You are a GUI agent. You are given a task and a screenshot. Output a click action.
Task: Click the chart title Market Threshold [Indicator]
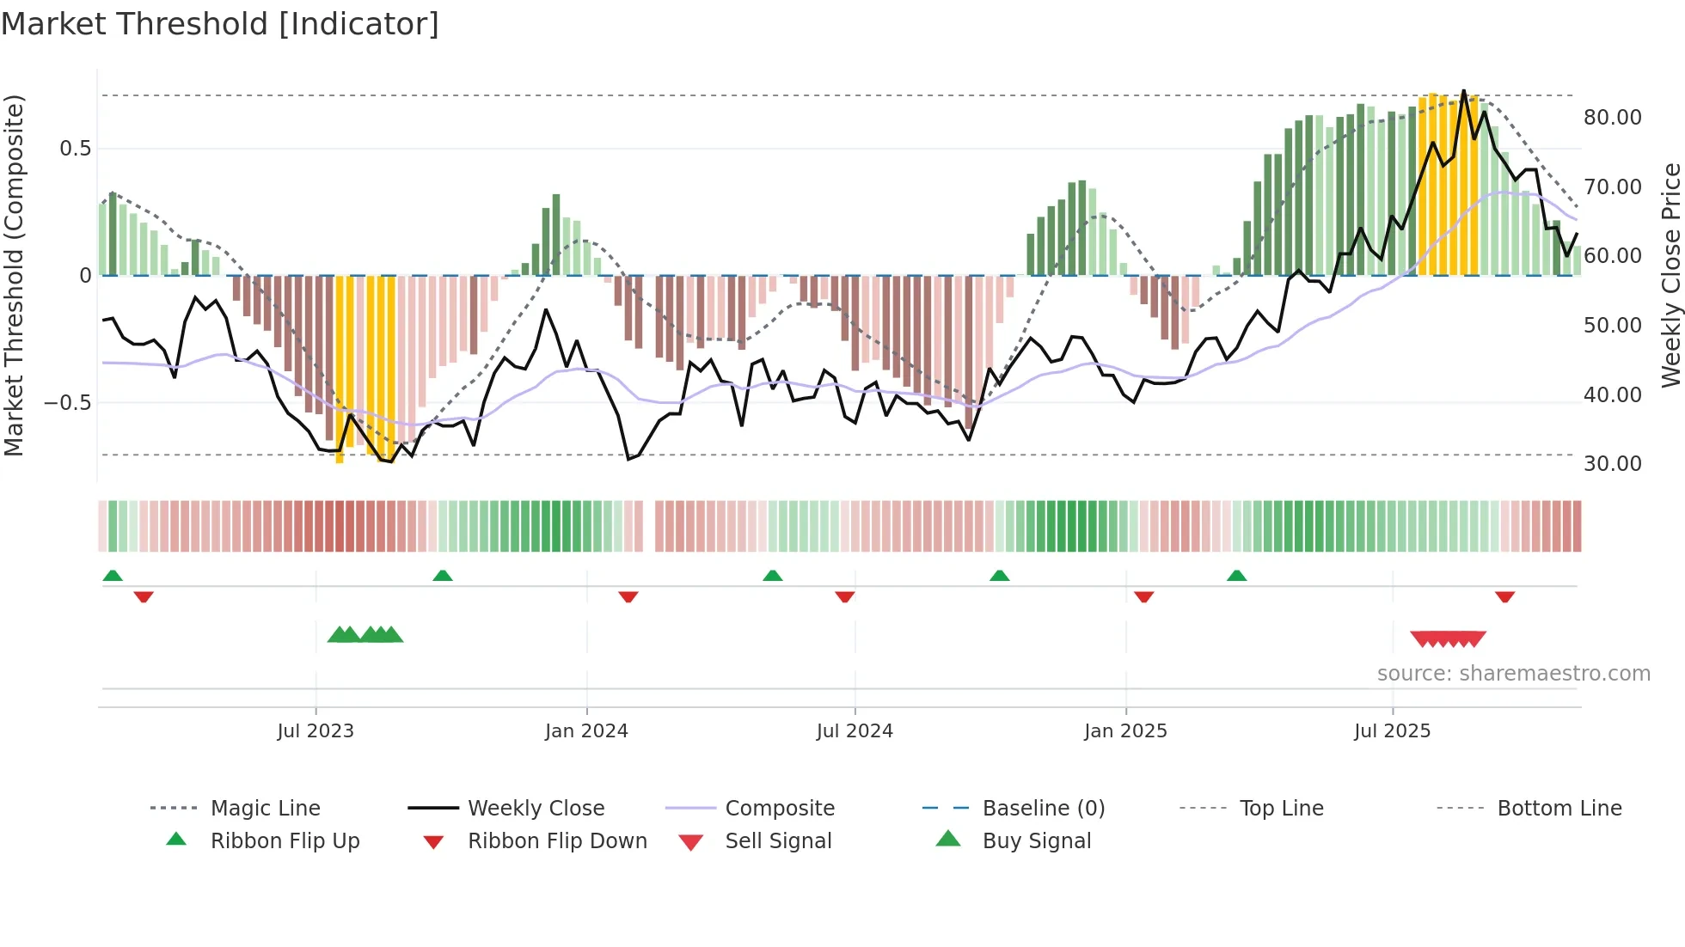[x=220, y=24]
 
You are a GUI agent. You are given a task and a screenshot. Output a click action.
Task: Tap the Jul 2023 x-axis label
[x=316, y=731]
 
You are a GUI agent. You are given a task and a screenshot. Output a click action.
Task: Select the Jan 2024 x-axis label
[x=586, y=731]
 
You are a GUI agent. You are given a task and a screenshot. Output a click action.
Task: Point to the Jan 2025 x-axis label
[x=1125, y=731]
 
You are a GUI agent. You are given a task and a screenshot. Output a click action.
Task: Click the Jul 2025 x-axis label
[x=1392, y=731]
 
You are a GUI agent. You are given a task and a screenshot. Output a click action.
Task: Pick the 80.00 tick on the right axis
[x=1612, y=118]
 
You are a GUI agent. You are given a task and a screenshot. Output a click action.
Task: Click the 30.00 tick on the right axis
[x=1612, y=464]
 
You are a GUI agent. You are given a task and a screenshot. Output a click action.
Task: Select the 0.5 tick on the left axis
[x=75, y=149]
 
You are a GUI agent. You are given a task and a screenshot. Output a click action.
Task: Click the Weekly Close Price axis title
[x=1670, y=275]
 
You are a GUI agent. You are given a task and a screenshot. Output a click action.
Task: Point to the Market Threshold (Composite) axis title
[x=14, y=275]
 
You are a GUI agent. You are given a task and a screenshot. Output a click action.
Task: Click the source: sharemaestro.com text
[x=1513, y=674]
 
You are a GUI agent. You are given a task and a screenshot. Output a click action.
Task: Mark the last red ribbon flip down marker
[x=1504, y=596]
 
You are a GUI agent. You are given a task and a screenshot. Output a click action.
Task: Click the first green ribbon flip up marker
[x=113, y=576]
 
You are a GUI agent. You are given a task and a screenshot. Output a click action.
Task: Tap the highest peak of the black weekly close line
[x=1464, y=91]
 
